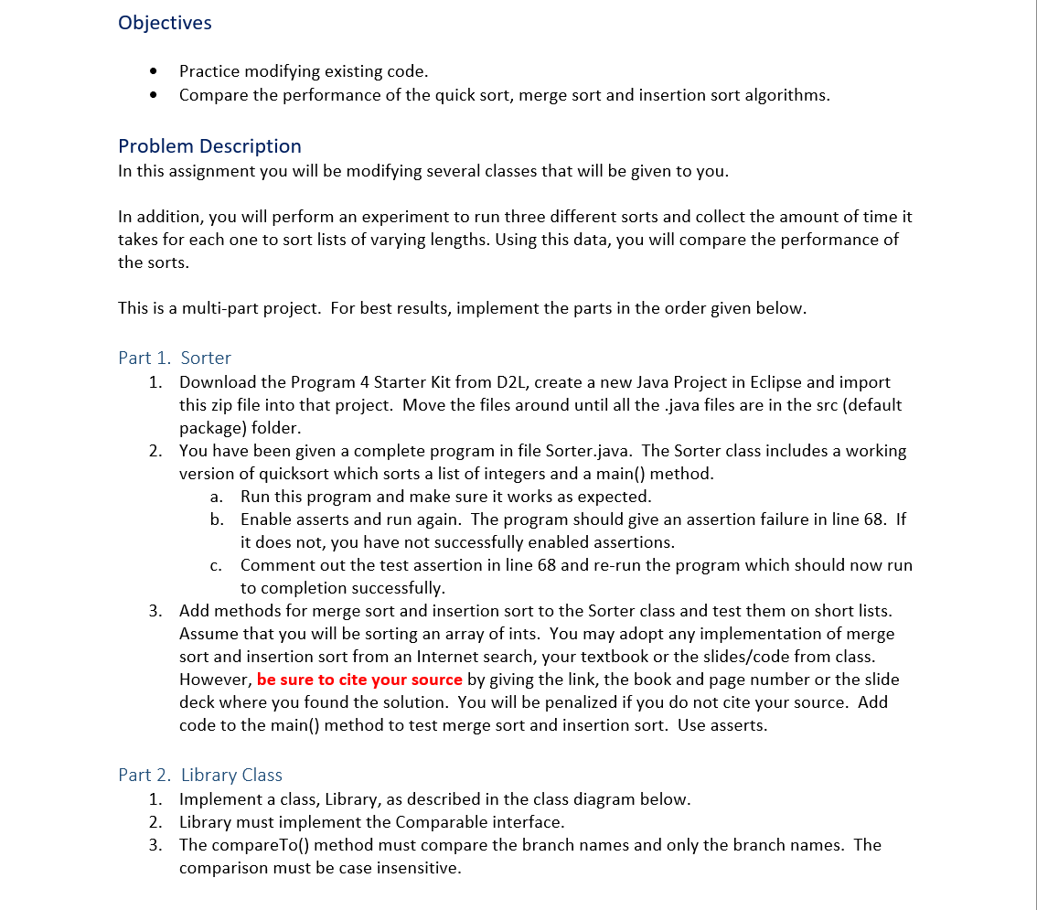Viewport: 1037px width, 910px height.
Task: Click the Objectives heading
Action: click(x=165, y=23)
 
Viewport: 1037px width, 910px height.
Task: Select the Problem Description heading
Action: click(x=209, y=146)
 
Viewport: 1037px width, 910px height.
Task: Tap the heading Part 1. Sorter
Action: click(x=175, y=359)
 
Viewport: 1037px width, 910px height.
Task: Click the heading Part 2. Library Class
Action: click(x=200, y=776)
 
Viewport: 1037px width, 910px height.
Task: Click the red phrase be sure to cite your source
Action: click(x=359, y=680)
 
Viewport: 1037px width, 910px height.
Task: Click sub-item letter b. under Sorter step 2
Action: click(x=217, y=519)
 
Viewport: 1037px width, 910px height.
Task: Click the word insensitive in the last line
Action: click(x=420, y=868)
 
